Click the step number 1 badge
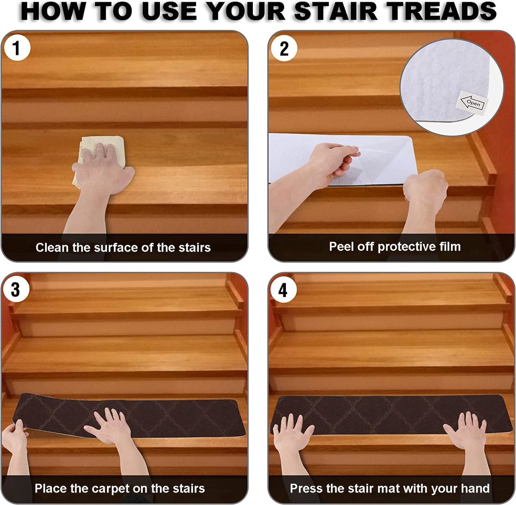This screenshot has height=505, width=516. coord(17,48)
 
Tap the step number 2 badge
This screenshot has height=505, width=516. coord(284,49)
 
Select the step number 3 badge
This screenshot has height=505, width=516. coord(15,289)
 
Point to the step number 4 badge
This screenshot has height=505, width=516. coord(283,290)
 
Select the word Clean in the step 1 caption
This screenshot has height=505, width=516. coord(52,247)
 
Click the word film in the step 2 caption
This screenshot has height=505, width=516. coord(450,246)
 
